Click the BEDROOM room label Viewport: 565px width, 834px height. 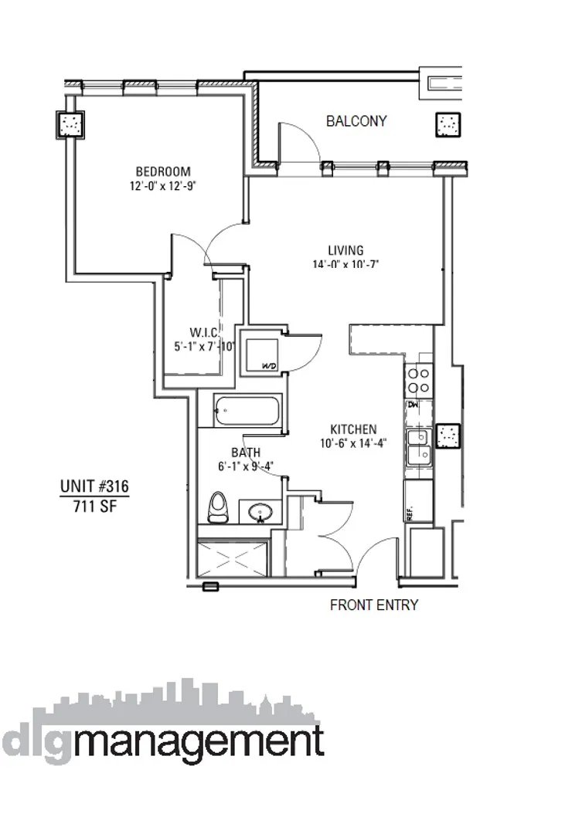(x=163, y=171)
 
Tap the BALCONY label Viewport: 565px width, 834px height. (x=356, y=121)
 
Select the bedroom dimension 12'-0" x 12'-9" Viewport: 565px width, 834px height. (x=163, y=185)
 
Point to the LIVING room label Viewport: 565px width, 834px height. (x=345, y=250)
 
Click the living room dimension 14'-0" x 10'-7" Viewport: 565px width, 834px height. (x=345, y=264)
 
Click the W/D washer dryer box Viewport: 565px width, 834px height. (x=260, y=351)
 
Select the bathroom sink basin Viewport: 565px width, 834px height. (x=260, y=512)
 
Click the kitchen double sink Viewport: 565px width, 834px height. (x=417, y=446)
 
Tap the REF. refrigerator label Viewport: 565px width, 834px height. (x=409, y=510)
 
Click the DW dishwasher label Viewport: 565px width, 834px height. (x=413, y=404)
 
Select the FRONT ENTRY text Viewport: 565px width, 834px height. (x=373, y=605)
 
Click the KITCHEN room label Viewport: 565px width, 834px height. (x=353, y=429)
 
